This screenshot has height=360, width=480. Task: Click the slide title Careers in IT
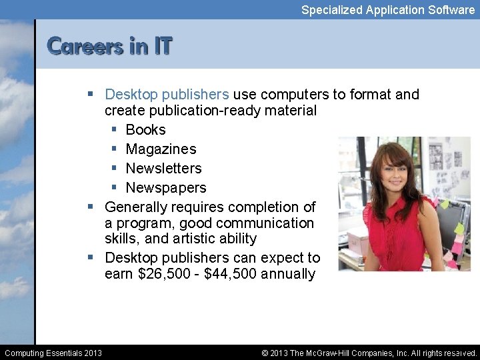[x=110, y=46]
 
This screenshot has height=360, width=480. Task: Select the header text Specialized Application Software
[x=387, y=9]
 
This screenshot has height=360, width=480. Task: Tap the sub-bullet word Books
[x=145, y=129]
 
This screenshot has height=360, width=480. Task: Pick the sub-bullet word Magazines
[x=161, y=149]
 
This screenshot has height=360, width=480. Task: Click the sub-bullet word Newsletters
[x=163, y=168]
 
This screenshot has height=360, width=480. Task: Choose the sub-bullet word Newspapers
[x=166, y=187]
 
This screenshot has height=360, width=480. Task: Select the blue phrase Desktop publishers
[x=167, y=94]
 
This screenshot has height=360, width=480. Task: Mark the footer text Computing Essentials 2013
[x=53, y=353]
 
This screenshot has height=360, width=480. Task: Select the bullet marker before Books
[x=115, y=129]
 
